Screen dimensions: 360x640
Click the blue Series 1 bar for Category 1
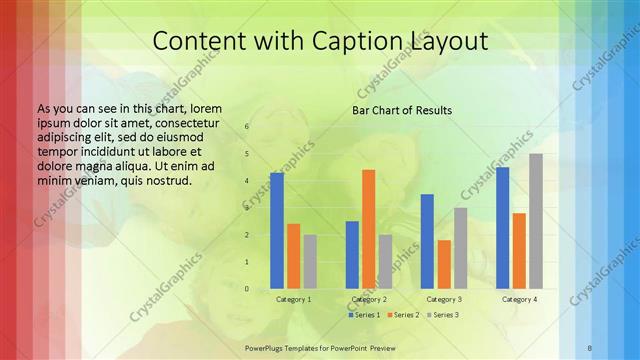277,231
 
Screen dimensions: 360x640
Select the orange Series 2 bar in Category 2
368,229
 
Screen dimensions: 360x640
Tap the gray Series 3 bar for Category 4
536,221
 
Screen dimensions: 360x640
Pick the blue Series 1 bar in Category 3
427,241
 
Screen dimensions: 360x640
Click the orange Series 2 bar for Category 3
444,264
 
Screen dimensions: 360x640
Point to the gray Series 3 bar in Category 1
310,262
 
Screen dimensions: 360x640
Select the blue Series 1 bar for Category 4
502,228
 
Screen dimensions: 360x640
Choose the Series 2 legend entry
404,315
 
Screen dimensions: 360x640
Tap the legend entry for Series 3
443,315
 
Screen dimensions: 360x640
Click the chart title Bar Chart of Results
402,110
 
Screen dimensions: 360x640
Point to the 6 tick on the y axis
247,127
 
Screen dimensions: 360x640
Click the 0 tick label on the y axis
247,288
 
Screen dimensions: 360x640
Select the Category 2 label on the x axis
369,299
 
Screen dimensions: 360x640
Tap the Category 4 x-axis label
519,299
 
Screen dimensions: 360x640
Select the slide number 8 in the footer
590,347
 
